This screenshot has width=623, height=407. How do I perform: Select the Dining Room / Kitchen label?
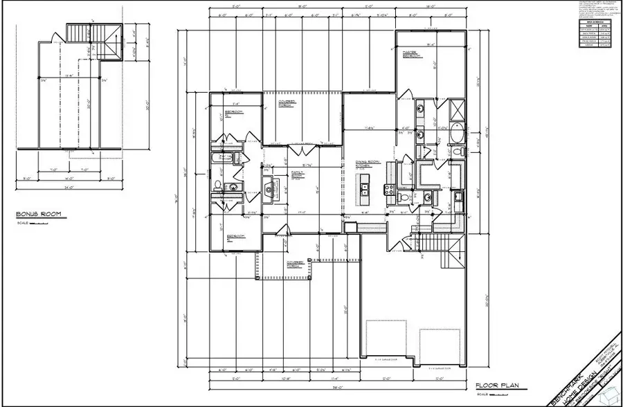pos(363,163)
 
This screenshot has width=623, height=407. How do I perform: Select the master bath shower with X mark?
pos(458,110)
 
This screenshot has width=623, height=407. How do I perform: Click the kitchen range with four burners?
pos(388,188)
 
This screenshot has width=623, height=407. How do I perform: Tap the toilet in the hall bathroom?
pos(217,185)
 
